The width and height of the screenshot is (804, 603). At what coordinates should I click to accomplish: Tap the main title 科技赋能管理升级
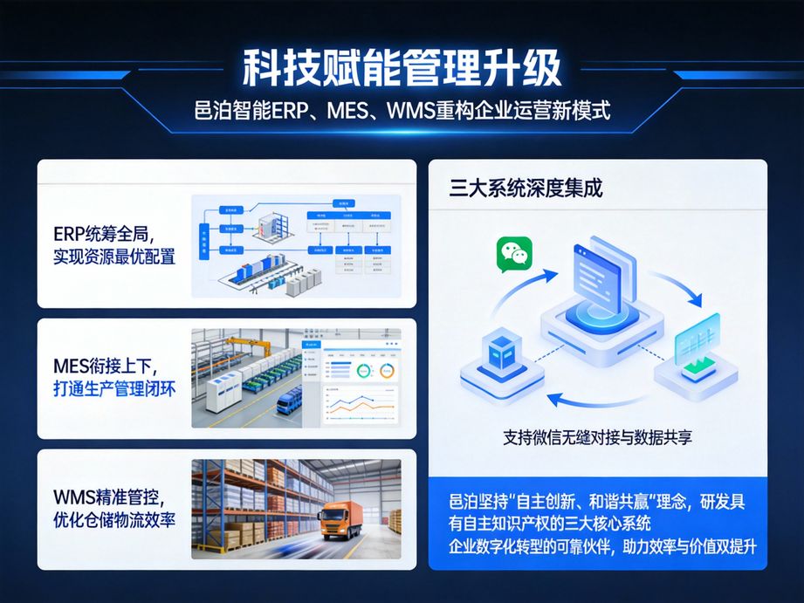[402, 68]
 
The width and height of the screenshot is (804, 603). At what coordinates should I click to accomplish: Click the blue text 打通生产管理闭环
[114, 389]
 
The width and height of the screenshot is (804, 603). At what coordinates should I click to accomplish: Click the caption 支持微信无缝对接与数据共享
[598, 435]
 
